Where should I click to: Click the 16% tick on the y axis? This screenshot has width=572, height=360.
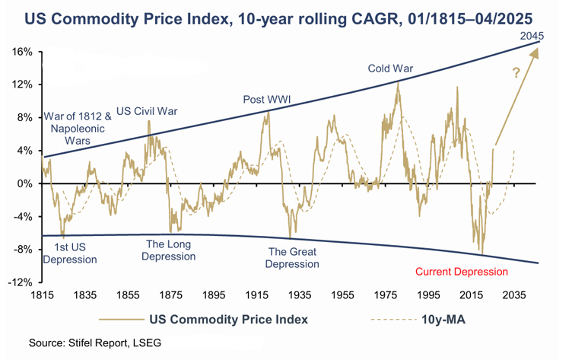click(21, 52)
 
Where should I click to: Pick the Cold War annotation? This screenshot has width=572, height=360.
click(390, 68)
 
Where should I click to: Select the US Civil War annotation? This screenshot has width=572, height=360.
click(147, 111)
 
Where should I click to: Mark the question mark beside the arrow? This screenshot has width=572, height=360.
click(516, 74)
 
